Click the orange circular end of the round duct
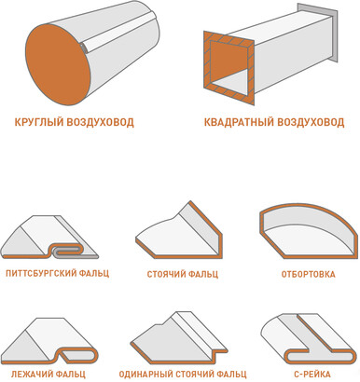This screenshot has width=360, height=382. pyautogui.click(x=58, y=64)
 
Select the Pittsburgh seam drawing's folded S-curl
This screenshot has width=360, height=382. pyautogui.click(x=67, y=251)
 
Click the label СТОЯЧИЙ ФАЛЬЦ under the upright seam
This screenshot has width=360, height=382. pyautogui.click(x=183, y=275)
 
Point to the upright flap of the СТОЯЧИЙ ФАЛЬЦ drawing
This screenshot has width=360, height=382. pyautogui.click(x=202, y=226)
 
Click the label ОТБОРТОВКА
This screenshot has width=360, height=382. pyautogui.click(x=308, y=275)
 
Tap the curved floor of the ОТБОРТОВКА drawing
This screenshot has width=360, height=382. pyautogui.click(x=308, y=240)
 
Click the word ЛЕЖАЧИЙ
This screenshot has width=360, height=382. pyautogui.click(x=29, y=375)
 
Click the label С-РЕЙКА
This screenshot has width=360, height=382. pyautogui.click(x=312, y=375)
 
